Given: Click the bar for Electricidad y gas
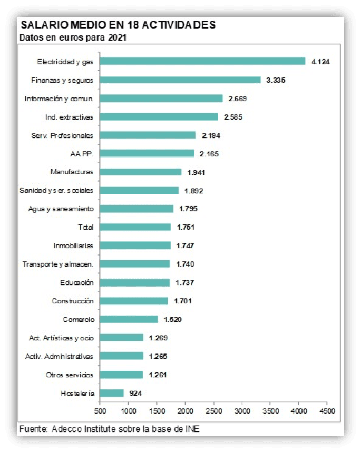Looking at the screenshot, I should click(202, 61).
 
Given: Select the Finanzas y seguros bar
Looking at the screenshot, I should click(180, 80).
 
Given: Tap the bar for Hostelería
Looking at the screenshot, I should click(112, 393).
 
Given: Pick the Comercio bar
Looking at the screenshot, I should click(129, 319).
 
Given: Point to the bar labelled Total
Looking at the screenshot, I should click(135, 227).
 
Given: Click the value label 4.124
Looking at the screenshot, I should click(320, 62).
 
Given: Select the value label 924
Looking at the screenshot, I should click(136, 393).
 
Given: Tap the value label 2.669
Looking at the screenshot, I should click(238, 99).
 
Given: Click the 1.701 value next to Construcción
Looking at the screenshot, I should click(182, 301).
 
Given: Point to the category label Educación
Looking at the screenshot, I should click(77, 282).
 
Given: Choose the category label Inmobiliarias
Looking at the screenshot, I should click(73, 245).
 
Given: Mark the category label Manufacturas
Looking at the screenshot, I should click(72, 172).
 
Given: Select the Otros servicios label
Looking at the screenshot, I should click(70, 375).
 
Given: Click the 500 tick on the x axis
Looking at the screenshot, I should click(100, 409).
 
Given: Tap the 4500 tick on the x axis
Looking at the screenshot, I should click(327, 409).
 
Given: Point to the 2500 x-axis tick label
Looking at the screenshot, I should click(213, 409).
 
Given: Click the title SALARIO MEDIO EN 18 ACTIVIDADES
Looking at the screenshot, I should click(117, 25).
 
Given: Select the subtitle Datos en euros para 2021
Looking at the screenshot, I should click(72, 37).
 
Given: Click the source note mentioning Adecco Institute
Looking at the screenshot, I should click(109, 429).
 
